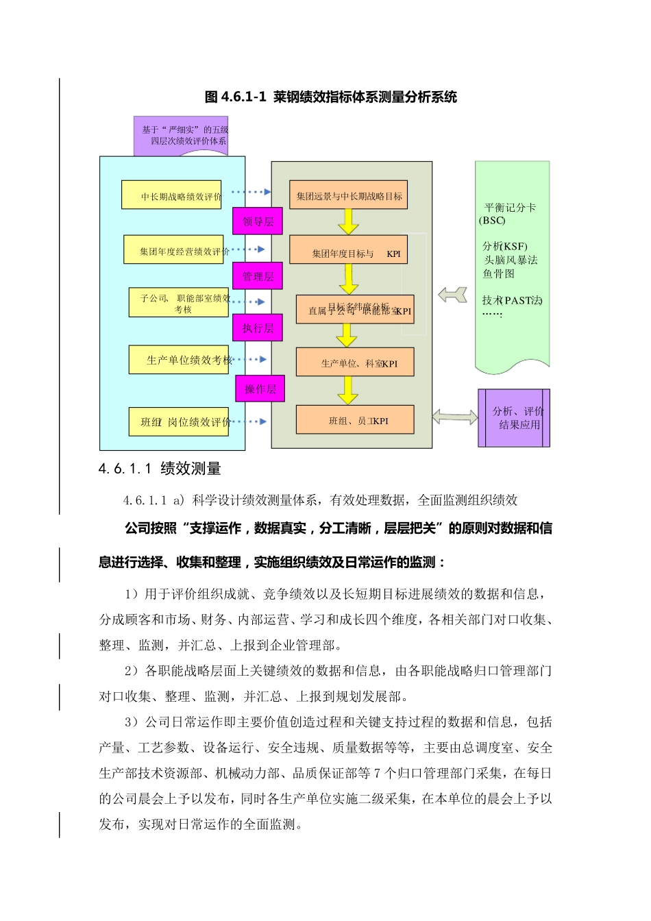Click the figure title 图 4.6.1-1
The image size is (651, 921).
330,97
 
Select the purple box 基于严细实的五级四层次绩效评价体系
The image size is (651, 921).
182,136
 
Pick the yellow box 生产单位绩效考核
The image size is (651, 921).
179,360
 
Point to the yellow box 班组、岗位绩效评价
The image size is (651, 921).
179,422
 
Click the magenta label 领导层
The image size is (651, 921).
258,221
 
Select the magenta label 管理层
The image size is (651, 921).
258,276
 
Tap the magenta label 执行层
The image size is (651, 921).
258,328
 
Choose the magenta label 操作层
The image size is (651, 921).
260,389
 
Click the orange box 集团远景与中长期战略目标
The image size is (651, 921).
349,195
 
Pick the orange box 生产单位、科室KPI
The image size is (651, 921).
355,363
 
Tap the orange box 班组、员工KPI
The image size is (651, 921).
355,420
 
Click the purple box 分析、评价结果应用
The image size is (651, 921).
514,418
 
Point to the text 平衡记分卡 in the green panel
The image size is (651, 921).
510,208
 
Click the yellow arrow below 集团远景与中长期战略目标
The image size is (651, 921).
349,221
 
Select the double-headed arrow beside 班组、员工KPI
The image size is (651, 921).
455,416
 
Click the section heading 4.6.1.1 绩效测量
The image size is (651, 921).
160,469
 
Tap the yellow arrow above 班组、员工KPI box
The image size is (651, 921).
348,390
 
